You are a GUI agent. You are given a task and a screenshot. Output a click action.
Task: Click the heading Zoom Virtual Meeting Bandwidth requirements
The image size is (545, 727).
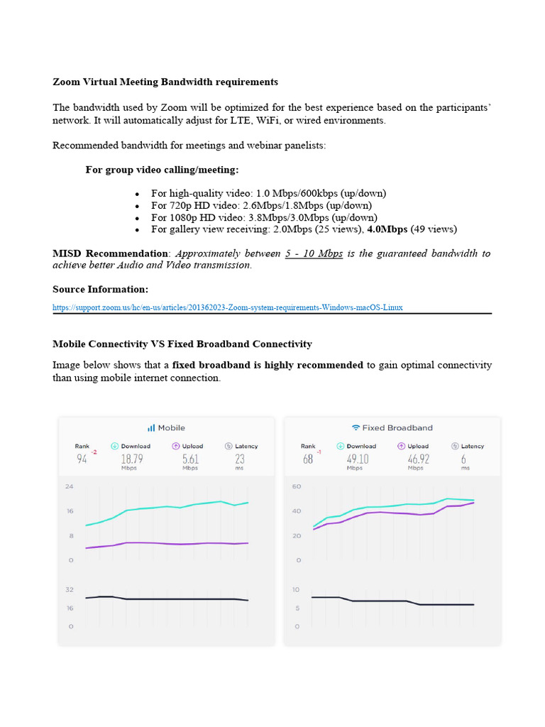pos(165,82)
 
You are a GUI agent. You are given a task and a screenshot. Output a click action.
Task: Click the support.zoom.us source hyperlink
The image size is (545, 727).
pos(227,307)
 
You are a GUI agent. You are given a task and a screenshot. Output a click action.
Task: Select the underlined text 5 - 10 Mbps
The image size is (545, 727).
pos(314,253)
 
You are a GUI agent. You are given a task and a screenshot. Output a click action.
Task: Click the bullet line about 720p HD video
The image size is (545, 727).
pos(261,205)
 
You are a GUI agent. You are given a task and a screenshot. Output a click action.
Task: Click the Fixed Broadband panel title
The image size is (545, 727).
pos(392,427)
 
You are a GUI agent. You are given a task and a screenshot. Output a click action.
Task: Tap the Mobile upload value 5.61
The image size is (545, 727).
pos(189,459)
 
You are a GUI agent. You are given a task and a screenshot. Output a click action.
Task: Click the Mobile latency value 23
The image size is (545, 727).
pos(239,459)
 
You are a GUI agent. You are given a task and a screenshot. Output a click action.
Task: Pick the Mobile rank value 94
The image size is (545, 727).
pos(82,459)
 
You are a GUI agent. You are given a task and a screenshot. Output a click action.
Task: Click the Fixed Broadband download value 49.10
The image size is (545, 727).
pos(356,459)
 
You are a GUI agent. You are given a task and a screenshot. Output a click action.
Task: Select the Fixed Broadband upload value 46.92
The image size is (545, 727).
pos(416,459)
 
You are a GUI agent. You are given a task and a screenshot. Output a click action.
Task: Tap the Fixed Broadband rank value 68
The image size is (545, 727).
pos(307,459)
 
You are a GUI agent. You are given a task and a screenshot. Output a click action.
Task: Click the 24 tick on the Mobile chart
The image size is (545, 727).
pos(70,486)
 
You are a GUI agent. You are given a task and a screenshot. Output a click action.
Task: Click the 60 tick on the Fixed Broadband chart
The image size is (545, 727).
pos(297,486)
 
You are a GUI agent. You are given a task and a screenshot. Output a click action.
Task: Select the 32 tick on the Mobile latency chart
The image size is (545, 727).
pos(70,589)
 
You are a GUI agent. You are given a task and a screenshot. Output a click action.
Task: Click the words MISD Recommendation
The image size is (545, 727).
pos(111,253)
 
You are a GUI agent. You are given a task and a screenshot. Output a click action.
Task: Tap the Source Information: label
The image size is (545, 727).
pos(100,289)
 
